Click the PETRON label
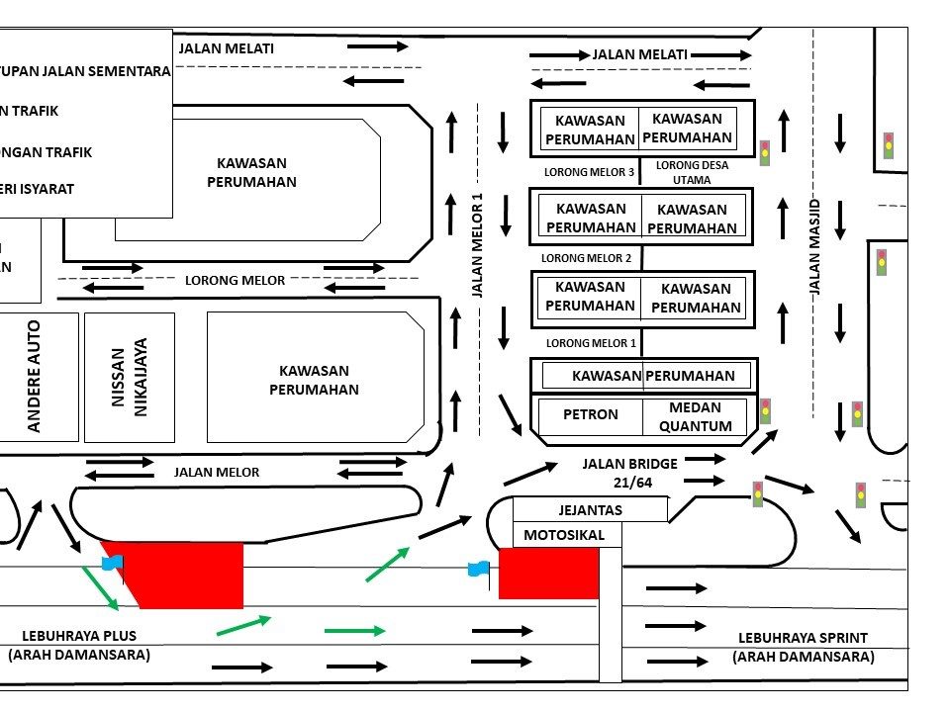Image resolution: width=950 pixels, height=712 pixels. tap(590, 415)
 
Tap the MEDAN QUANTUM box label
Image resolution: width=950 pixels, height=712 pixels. tap(695, 416)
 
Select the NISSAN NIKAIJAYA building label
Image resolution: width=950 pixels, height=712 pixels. tap(130, 377)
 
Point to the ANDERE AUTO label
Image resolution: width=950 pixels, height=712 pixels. tap(35, 376)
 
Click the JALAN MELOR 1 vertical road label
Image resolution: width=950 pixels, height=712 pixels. tap(477, 245)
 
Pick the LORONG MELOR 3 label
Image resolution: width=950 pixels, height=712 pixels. tap(589, 172)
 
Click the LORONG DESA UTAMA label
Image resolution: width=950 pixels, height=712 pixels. tap(692, 172)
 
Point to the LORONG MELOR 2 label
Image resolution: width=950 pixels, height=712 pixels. tap(586, 258)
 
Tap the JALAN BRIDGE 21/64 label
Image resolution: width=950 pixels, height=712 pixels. tap(629, 472)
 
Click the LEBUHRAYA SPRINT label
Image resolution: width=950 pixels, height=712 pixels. tap(803, 648)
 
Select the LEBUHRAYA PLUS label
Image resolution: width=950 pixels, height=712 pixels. tap(79, 645)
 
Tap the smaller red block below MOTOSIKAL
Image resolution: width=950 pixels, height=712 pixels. tap(548, 574)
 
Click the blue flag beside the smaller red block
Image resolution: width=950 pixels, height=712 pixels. tap(479, 569)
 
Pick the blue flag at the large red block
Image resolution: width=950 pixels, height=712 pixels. tap(112, 563)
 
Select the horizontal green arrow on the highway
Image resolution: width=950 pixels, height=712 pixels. tap(353, 630)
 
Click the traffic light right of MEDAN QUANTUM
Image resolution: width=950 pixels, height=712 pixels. tap(765, 411)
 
